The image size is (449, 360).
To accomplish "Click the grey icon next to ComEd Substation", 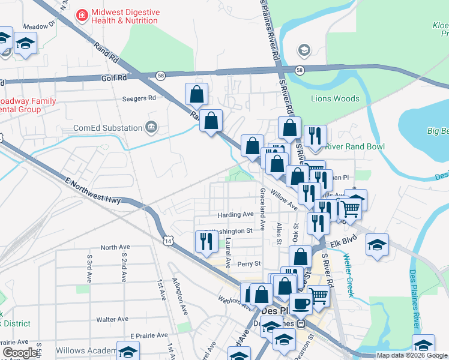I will pyautogui.click(x=151, y=127).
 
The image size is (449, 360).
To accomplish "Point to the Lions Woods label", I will pyautogui.click(x=335, y=98).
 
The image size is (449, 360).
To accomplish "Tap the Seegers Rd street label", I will pyautogui.click(x=139, y=98).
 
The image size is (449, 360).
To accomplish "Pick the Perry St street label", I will pyautogui.click(x=249, y=263).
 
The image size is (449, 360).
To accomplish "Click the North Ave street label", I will pyautogui.click(x=115, y=247).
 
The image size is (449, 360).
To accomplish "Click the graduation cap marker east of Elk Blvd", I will pyautogui.click(x=377, y=245).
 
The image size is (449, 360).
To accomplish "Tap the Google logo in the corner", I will pyautogui.click(x=20, y=353).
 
